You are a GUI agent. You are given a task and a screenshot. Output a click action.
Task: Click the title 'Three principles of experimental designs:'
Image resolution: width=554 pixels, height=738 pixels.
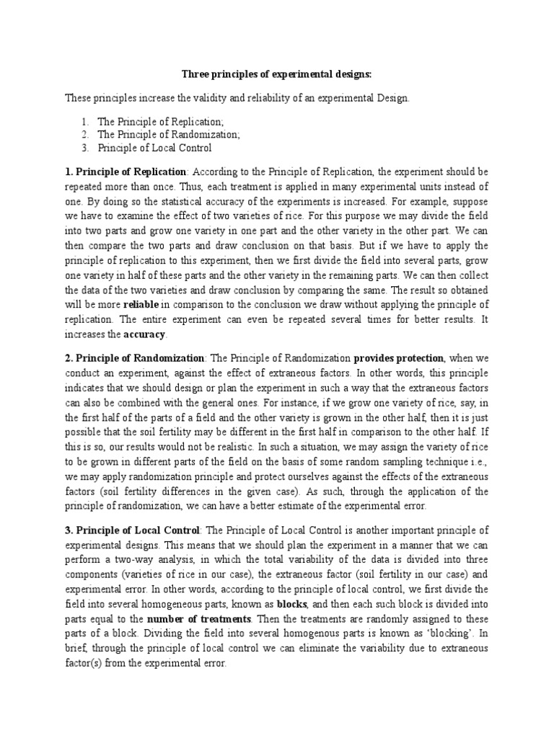[x=276, y=74]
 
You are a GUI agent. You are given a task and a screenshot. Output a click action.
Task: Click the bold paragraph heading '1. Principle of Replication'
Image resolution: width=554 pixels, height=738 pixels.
[x=126, y=172]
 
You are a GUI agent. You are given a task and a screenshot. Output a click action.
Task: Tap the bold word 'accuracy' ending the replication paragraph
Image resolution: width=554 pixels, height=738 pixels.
[x=144, y=335]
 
